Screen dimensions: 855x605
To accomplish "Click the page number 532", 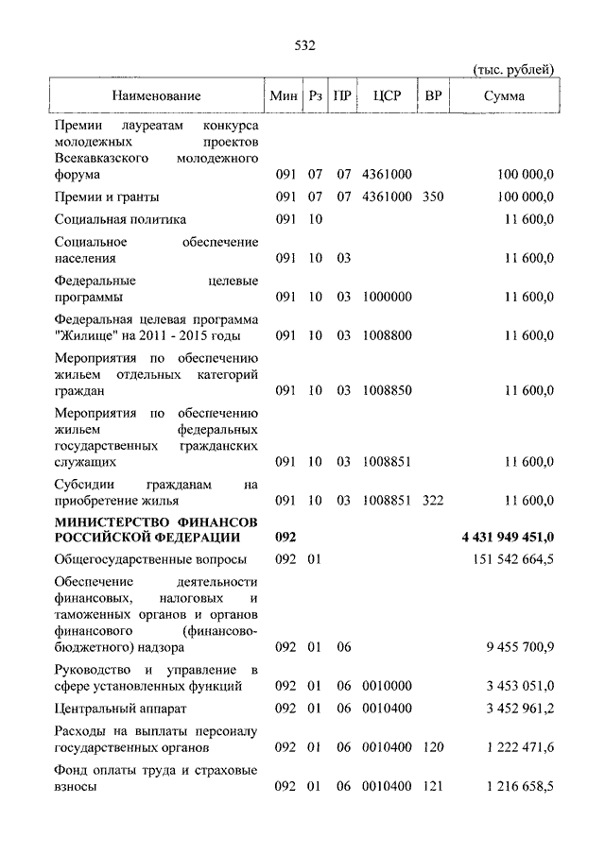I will [304, 45].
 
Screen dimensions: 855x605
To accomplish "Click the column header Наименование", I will [156, 96].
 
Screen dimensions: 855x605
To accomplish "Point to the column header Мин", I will [283, 96].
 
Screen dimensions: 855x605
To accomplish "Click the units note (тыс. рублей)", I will [513, 69].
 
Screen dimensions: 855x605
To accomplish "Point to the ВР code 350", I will [433, 197].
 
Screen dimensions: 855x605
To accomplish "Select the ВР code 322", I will [433, 500].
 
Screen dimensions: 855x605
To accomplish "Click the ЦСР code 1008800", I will [387, 334].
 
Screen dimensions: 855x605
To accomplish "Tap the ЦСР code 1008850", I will [387, 389].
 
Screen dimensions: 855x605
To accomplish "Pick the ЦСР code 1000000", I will [387, 296].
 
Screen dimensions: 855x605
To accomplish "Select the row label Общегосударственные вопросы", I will [140, 559].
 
